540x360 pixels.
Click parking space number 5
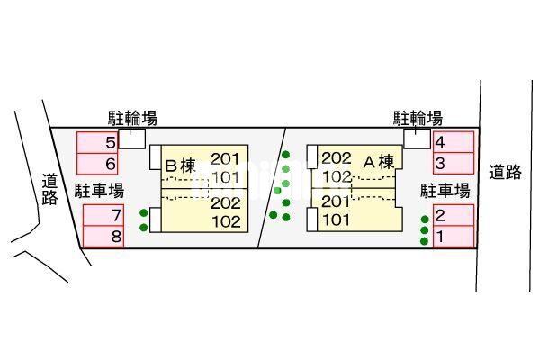point(97,142)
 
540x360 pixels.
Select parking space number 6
point(97,164)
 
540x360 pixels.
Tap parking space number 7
point(103,215)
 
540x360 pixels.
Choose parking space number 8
point(103,237)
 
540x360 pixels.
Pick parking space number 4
point(454,142)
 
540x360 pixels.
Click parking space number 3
point(454,163)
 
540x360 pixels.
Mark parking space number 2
point(454,215)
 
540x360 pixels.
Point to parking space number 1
point(454,237)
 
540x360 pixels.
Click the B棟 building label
point(181,166)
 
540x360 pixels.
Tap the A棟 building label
point(379,162)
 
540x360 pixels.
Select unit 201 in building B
point(225,158)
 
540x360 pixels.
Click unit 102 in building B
point(226,222)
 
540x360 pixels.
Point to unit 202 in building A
point(336,158)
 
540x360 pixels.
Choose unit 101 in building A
point(336,220)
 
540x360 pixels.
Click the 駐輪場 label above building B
point(133,118)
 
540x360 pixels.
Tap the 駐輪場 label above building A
point(418,118)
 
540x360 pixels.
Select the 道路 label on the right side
point(505,172)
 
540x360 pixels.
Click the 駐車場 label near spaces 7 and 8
point(100,191)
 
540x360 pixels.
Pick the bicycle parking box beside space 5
point(132,139)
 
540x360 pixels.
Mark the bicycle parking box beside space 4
point(417,139)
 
